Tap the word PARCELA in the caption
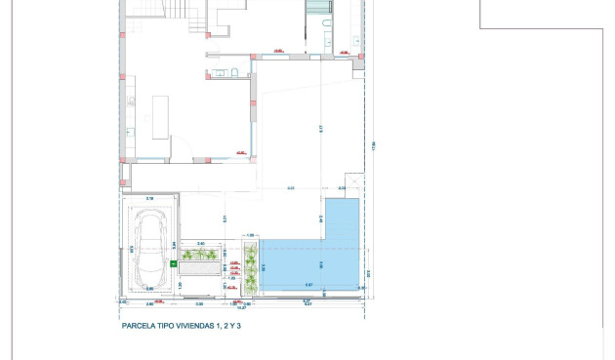pos(139,327)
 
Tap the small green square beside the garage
pos(174,263)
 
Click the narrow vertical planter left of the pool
pos(250,268)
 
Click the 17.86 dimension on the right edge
pos(373,146)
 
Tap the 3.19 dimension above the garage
pos(149,199)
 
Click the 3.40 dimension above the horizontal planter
pos(201,243)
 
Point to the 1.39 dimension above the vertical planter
pos(250,235)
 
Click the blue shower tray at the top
pos(318,8)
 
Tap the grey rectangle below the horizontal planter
pos(201,267)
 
